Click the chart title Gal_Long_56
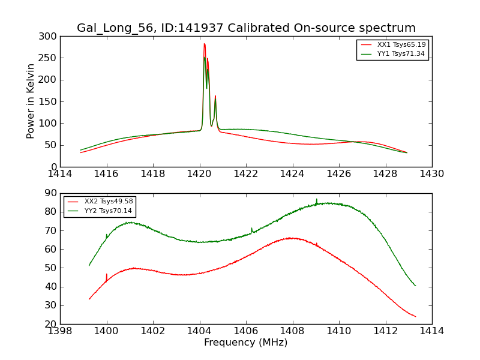click(246, 28)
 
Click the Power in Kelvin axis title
click(31, 101)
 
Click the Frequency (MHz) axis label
click(246, 343)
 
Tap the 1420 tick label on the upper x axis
click(199, 174)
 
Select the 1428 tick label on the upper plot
click(385, 174)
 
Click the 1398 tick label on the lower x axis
click(60, 331)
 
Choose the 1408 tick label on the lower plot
click(292, 331)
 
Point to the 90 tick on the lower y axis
click(50, 193)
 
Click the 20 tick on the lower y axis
click(50, 324)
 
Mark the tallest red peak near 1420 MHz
click(204, 44)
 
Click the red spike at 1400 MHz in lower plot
click(107, 275)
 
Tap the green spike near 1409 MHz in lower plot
click(317, 200)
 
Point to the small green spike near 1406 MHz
click(251, 229)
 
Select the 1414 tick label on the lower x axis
click(431, 331)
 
